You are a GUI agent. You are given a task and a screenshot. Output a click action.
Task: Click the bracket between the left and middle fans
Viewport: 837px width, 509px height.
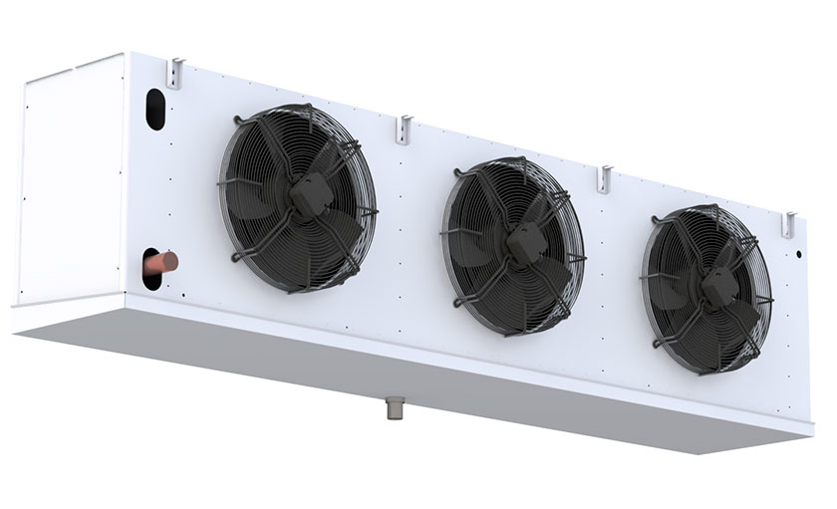404,127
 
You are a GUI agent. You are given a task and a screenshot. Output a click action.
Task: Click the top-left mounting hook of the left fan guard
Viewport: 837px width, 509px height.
238,123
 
